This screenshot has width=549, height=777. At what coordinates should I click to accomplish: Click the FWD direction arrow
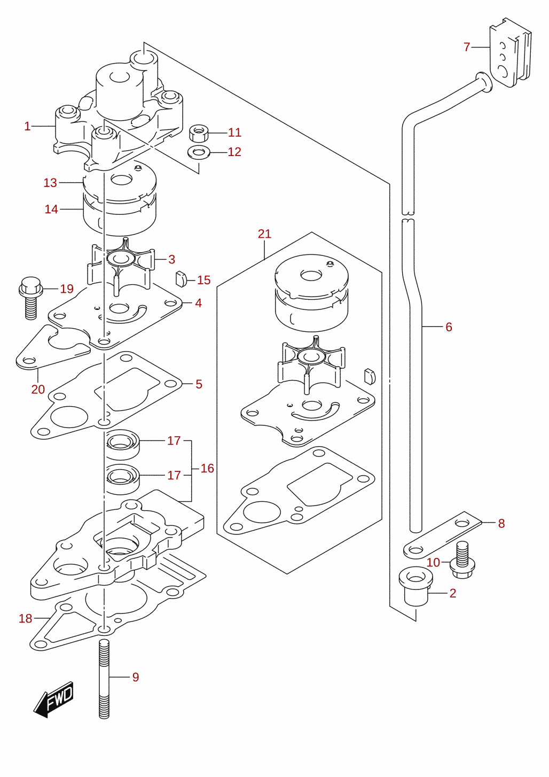pyautogui.click(x=54, y=700)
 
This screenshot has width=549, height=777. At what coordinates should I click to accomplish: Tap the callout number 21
pyautogui.click(x=264, y=234)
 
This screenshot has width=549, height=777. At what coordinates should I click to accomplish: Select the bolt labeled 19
pyautogui.click(x=31, y=298)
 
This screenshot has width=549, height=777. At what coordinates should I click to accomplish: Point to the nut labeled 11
pyautogui.click(x=198, y=133)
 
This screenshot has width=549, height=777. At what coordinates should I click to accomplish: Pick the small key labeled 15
pyautogui.click(x=181, y=279)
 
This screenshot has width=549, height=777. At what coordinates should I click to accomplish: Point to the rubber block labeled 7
pyautogui.click(x=510, y=52)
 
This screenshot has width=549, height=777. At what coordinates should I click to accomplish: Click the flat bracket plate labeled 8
pyautogui.click(x=443, y=535)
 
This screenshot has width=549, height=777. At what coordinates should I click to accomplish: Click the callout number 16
pyautogui.click(x=207, y=468)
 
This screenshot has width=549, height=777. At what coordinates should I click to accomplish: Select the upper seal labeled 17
pyautogui.click(x=122, y=444)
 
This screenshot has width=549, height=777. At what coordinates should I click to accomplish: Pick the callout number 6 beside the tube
pyautogui.click(x=449, y=327)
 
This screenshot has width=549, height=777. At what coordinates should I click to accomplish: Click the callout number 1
pyautogui.click(x=27, y=126)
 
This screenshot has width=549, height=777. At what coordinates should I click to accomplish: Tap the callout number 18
pyautogui.click(x=25, y=618)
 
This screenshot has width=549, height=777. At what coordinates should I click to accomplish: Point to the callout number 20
pyautogui.click(x=38, y=389)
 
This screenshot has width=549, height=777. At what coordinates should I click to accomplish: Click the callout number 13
pyautogui.click(x=50, y=183)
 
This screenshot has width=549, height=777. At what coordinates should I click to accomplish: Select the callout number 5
pyautogui.click(x=199, y=384)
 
